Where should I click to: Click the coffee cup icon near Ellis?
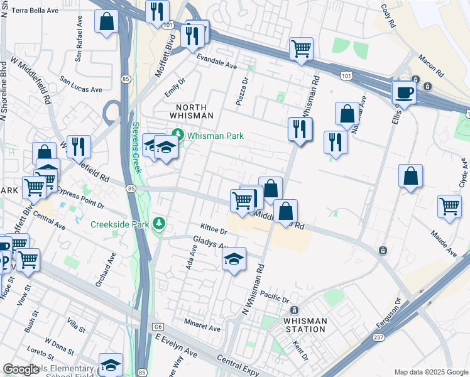[x=404, y=93]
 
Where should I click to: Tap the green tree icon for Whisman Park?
[x=177, y=135]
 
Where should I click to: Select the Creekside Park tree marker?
[x=160, y=224]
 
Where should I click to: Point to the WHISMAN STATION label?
[x=305, y=325]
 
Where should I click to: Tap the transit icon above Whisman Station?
[x=294, y=310]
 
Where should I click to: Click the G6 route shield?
[x=159, y=327]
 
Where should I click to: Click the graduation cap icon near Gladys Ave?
[x=234, y=260]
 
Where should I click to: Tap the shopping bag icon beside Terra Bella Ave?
[x=107, y=21]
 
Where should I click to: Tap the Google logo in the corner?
[x=21, y=369]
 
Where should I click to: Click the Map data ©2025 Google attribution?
[x=430, y=372]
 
